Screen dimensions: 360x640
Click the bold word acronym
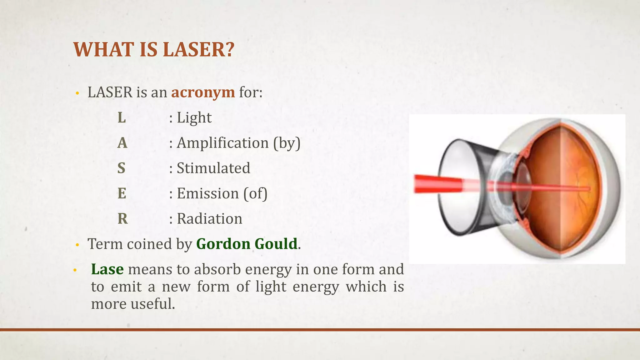point(203,92)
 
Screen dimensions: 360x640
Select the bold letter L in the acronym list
point(122,118)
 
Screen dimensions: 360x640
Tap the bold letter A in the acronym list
point(122,143)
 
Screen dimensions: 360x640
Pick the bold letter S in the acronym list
point(121,168)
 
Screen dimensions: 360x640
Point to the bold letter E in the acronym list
point(122,194)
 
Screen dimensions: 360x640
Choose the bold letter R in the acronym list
point(122,219)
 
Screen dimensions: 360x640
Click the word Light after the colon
point(194,118)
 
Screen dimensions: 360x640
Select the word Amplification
point(222,143)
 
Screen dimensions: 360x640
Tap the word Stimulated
point(213,168)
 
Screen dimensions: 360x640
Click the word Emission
point(207,194)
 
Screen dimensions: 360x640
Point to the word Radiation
point(209,219)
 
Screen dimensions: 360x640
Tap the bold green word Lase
point(107,269)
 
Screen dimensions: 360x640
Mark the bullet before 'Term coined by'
point(77,245)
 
